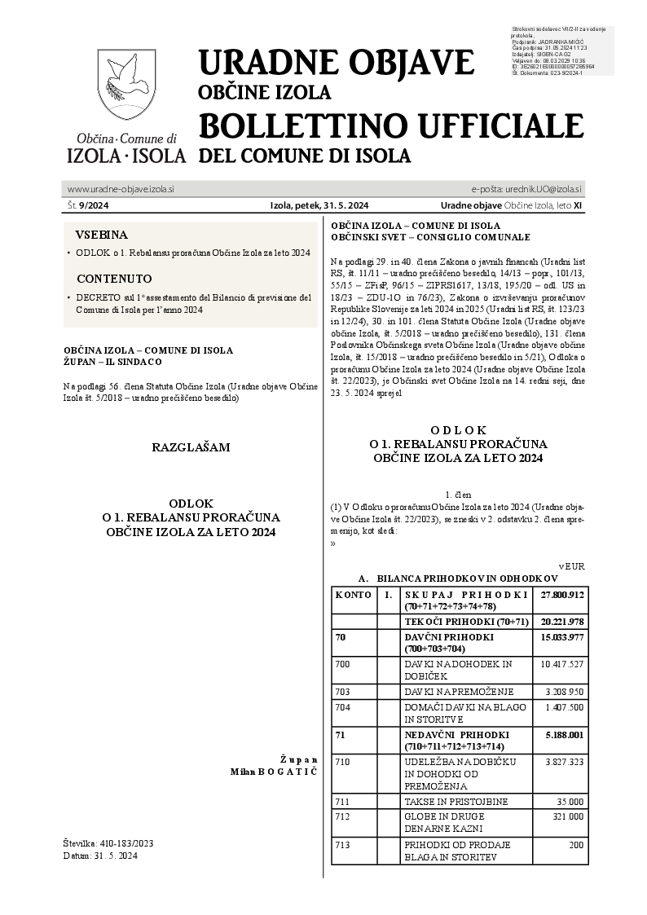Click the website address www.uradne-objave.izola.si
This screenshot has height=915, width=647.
(121, 189)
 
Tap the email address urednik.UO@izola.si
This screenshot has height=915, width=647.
(526, 189)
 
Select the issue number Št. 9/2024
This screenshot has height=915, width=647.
(82, 205)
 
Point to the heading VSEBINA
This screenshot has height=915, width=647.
(102, 232)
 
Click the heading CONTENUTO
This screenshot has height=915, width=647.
(113, 278)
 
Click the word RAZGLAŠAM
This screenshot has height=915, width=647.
(191, 447)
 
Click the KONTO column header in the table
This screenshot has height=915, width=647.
(354, 595)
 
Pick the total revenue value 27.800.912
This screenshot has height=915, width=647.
(562, 595)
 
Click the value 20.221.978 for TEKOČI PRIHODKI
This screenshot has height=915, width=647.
(562, 622)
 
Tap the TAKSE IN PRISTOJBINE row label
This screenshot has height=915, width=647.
(456, 802)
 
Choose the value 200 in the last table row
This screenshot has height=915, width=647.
(576, 846)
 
